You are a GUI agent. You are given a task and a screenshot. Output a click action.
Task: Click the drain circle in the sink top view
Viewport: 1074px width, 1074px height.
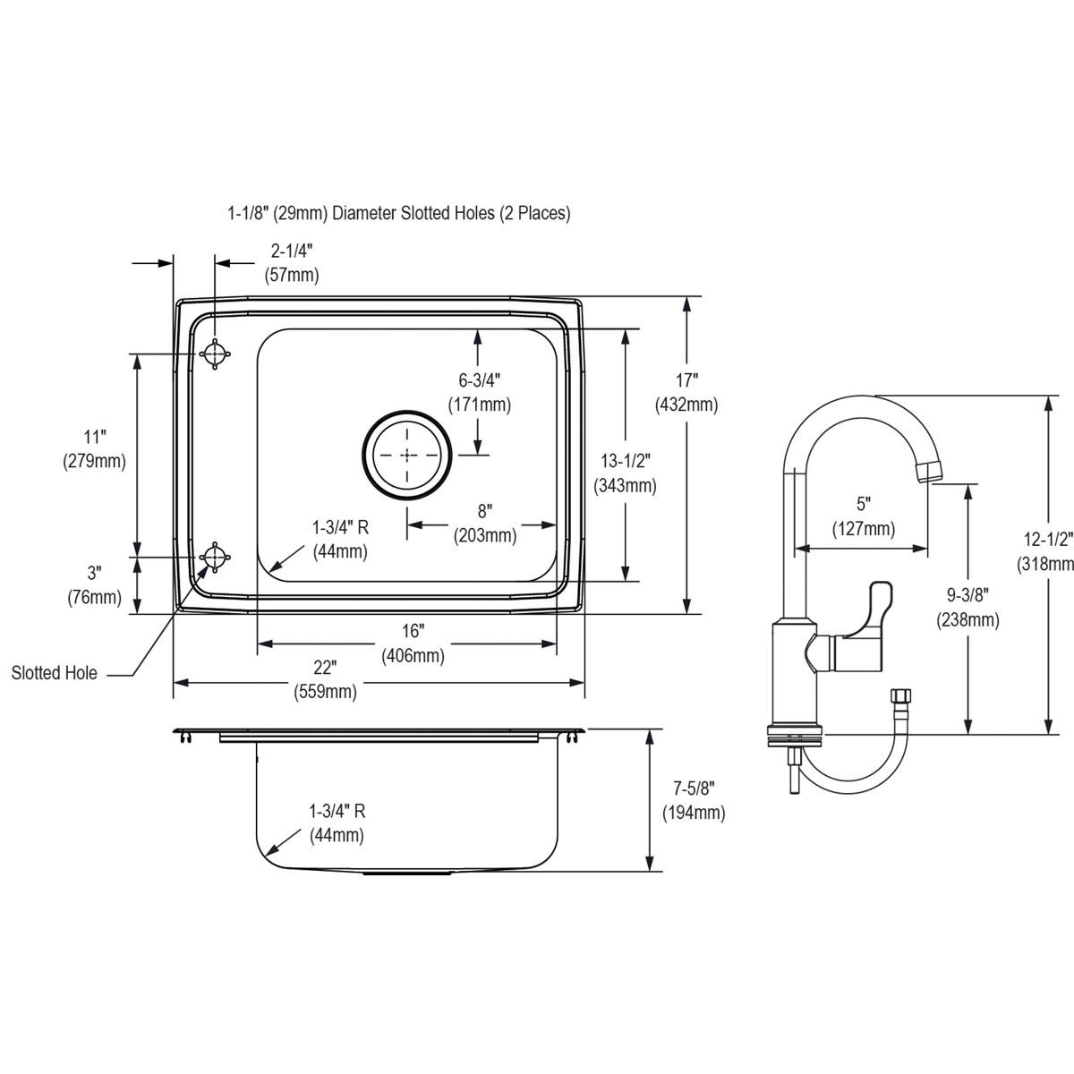pyautogui.click(x=408, y=455)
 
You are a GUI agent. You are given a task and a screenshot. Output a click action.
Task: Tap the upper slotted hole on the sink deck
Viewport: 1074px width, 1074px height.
pyautogui.click(x=215, y=354)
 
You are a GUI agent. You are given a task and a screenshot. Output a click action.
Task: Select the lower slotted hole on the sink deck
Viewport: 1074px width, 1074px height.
pyautogui.click(x=215, y=556)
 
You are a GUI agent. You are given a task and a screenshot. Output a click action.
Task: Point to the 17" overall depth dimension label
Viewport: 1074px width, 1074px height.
pyautogui.click(x=686, y=393)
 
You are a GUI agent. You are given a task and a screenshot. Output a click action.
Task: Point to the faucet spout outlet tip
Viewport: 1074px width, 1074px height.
pyautogui.click(x=932, y=470)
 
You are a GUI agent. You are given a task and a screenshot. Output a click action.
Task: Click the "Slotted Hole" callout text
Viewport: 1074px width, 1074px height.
pyautogui.click(x=55, y=673)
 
